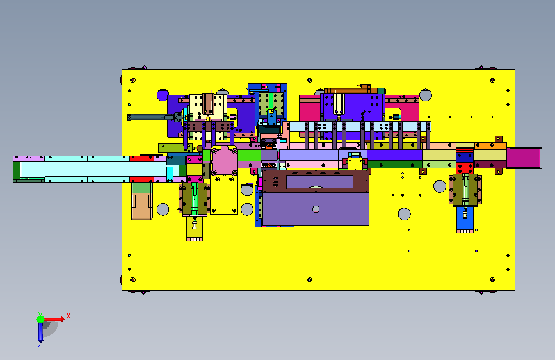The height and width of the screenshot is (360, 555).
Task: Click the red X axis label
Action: point(68,316)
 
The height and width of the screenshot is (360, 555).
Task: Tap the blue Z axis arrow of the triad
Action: point(40,333)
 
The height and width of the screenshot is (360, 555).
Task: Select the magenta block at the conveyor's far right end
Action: point(523,158)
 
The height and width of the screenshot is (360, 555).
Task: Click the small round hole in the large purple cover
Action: point(316,209)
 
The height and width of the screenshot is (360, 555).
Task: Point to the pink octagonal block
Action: point(224,161)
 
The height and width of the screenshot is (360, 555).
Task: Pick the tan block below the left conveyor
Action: point(142,206)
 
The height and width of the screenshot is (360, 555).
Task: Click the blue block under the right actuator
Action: point(465,219)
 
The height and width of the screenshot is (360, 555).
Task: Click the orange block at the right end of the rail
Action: point(490,145)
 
